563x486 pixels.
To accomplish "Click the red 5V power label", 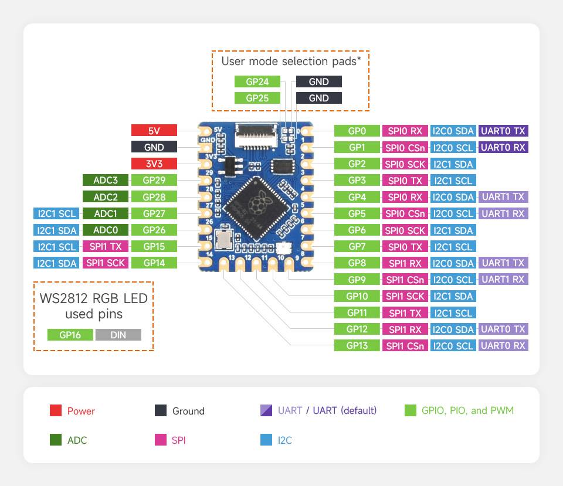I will [x=154, y=131].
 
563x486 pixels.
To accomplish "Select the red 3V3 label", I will [x=154, y=164].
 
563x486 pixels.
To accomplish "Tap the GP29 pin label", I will [x=154, y=181].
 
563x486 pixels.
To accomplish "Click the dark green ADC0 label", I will [x=106, y=230].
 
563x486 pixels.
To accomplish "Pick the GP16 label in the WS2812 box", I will [x=70, y=335].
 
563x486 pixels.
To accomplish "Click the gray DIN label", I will [x=118, y=335].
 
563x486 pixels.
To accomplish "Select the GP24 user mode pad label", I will [x=257, y=81].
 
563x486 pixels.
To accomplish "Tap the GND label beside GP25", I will [x=318, y=98].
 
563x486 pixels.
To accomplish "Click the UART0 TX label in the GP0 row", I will [x=503, y=131].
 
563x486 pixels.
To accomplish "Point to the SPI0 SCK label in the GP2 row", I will [x=405, y=164].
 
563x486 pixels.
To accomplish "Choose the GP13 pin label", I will [x=357, y=345].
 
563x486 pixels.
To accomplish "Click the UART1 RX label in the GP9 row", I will [x=503, y=279].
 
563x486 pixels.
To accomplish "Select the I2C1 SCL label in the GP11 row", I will [x=453, y=312].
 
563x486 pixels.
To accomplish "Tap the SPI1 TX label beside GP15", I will [x=106, y=246].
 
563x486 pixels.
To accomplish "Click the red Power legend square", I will [x=56, y=410].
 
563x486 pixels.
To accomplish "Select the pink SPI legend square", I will [x=161, y=439].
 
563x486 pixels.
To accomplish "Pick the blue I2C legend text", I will [x=284, y=440].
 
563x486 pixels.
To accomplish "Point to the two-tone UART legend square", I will [x=266, y=410].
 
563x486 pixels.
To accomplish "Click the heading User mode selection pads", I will [x=290, y=61].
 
